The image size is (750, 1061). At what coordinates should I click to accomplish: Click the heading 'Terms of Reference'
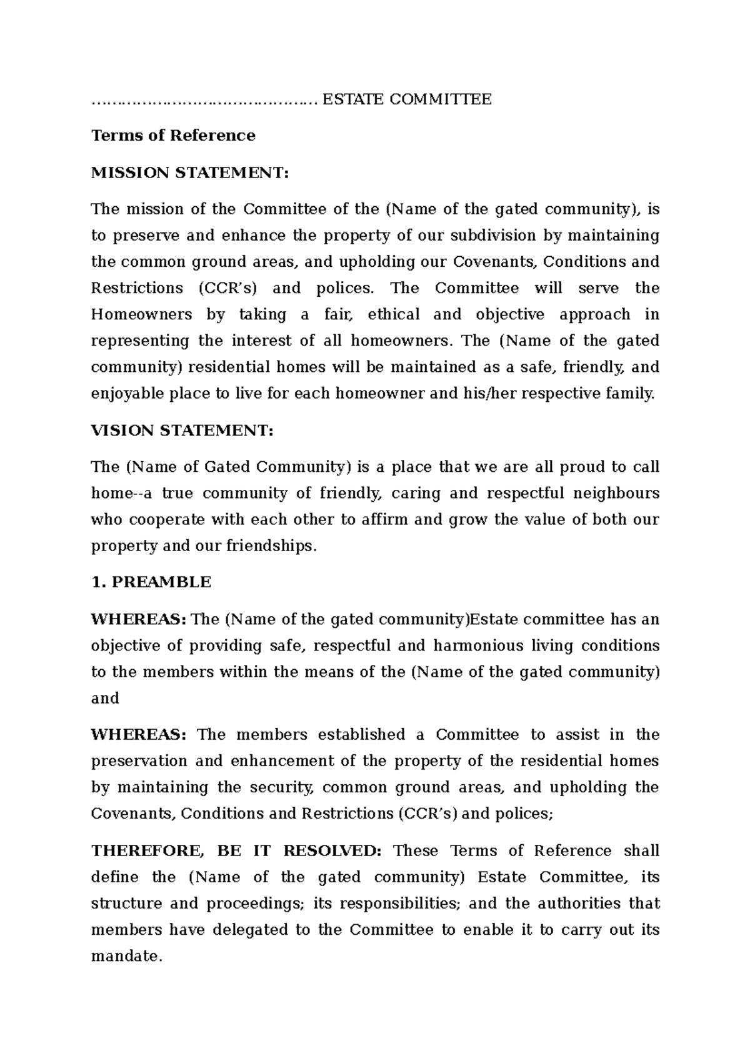[x=173, y=136]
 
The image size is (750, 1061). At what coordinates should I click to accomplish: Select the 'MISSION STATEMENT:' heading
[x=190, y=172]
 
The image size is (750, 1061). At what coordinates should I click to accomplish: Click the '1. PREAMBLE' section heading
[x=151, y=582]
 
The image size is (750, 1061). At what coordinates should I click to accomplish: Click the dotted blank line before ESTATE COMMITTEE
[x=204, y=100]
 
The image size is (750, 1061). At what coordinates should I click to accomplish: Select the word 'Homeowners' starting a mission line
[x=141, y=314]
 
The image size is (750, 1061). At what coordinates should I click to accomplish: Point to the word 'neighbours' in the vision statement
[x=616, y=494]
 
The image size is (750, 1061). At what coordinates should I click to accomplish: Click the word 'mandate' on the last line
[x=124, y=956]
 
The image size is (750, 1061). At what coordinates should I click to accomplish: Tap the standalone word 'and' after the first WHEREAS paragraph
[x=105, y=699]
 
